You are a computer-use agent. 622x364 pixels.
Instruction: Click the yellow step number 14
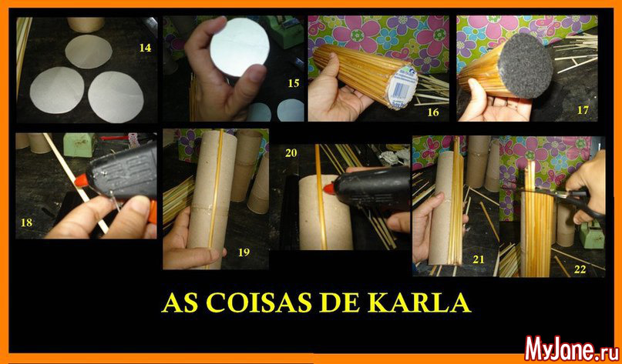point(145,48)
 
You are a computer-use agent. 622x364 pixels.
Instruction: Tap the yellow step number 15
point(294,83)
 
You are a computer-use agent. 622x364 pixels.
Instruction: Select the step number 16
point(433,112)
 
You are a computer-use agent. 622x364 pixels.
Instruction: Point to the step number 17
point(583,110)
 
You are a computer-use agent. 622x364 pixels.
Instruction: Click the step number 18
point(26,222)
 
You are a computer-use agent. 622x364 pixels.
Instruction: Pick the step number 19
point(244,252)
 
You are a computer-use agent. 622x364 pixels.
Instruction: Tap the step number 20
point(291,152)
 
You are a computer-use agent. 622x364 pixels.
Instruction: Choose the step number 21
point(479,259)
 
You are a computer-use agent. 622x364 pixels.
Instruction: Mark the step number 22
point(580,269)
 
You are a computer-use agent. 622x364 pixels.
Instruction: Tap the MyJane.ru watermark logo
point(572,349)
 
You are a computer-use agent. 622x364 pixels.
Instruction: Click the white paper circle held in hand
point(234,47)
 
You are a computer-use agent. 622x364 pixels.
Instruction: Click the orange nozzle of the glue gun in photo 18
point(80,181)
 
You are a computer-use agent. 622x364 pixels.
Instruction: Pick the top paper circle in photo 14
point(89,52)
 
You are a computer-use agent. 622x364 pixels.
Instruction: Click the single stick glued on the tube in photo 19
point(216,198)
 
